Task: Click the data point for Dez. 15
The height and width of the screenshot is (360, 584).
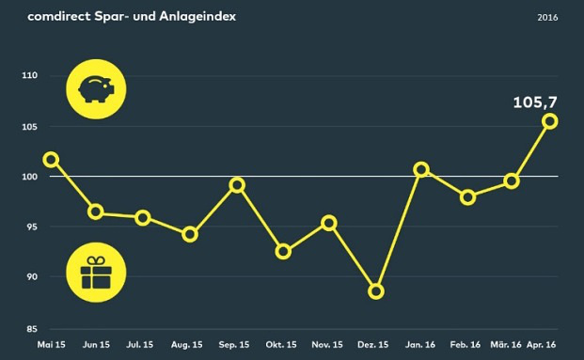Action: pyautogui.click(x=376, y=291)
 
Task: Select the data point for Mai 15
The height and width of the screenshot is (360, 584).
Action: pyautogui.click(x=51, y=160)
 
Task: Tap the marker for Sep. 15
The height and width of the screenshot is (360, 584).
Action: pyautogui.click(x=237, y=185)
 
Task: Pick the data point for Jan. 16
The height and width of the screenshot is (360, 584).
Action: pyautogui.click(x=421, y=170)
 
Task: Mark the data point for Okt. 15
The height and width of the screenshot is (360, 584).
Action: pyautogui.click(x=283, y=252)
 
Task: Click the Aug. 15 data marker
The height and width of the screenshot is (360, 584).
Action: pyautogui.click(x=190, y=234)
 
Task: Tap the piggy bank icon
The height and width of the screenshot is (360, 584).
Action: pyautogui.click(x=95, y=89)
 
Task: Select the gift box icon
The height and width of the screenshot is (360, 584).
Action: pyautogui.click(x=95, y=275)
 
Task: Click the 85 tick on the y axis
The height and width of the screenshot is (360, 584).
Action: pyautogui.click(x=30, y=328)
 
